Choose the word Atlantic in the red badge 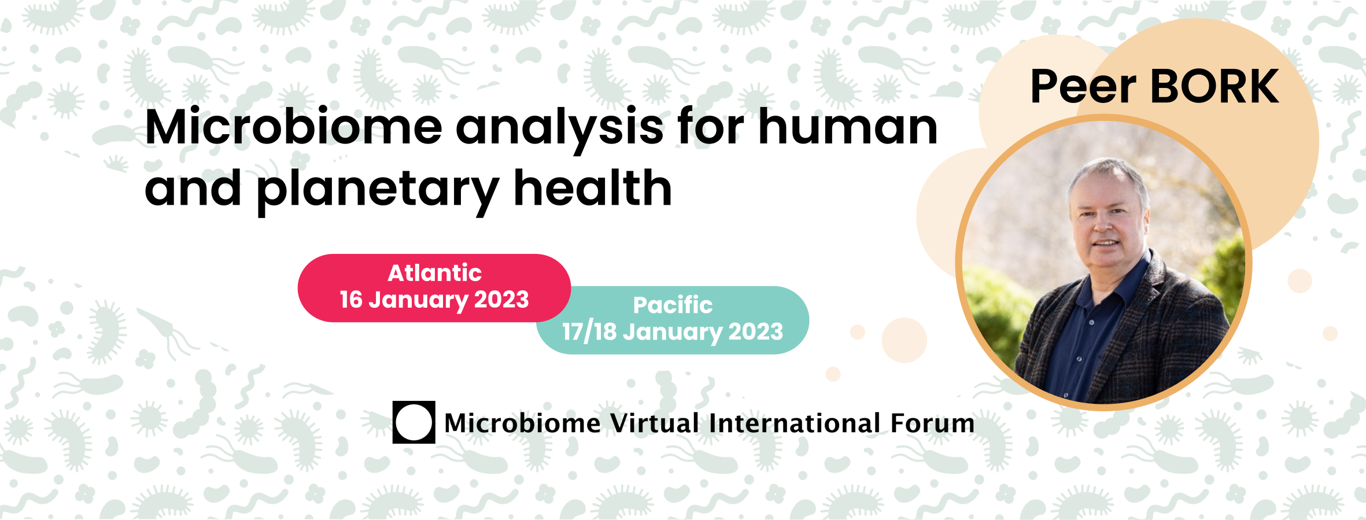434,273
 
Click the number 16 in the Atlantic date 351,300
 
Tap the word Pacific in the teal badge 673,305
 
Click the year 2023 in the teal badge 755,331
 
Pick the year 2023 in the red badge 501,300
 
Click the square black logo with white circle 414,422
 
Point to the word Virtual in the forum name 655,423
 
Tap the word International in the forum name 796,423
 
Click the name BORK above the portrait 1215,87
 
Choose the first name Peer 1083,87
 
